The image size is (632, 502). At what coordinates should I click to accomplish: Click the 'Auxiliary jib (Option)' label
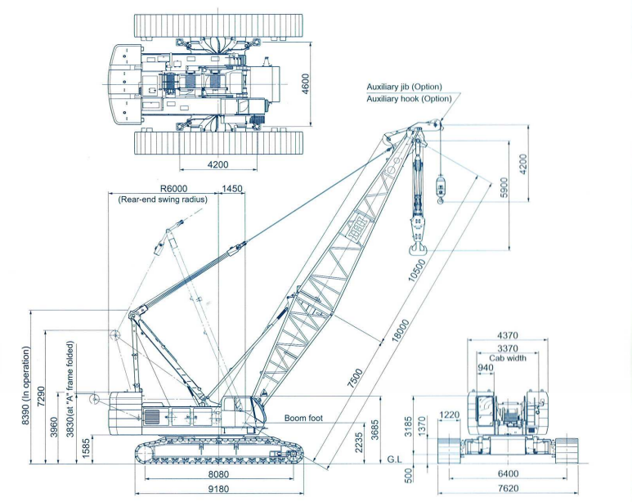[x=404, y=87]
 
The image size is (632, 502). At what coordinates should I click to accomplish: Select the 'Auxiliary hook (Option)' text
[x=409, y=99]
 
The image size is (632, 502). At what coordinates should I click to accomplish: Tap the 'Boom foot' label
[x=303, y=418]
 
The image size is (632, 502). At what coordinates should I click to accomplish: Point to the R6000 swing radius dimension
[x=173, y=188]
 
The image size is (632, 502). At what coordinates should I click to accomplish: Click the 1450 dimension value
[x=232, y=188]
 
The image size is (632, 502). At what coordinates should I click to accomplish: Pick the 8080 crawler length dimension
[x=218, y=474]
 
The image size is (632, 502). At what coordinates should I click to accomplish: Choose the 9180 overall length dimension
[x=218, y=489]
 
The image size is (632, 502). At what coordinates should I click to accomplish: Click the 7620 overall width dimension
[x=508, y=489]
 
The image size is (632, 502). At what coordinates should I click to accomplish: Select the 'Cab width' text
[x=508, y=358]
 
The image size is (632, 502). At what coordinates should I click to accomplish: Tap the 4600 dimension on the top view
[x=305, y=84]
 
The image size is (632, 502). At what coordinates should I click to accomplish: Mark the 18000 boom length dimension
[x=401, y=331]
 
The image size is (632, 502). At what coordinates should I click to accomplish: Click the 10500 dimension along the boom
[x=416, y=270]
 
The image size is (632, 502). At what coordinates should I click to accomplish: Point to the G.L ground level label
[x=395, y=459]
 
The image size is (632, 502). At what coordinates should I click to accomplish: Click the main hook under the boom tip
[x=418, y=249]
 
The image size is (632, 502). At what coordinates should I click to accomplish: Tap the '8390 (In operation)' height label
[x=26, y=385]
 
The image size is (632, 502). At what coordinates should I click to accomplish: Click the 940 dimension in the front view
[x=486, y=368]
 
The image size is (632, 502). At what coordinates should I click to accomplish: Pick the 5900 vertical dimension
[x=504, y=188]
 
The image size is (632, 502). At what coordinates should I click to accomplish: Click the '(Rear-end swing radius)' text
[x=163, y=199]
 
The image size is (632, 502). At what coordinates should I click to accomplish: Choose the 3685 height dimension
[x=374, y=430]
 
